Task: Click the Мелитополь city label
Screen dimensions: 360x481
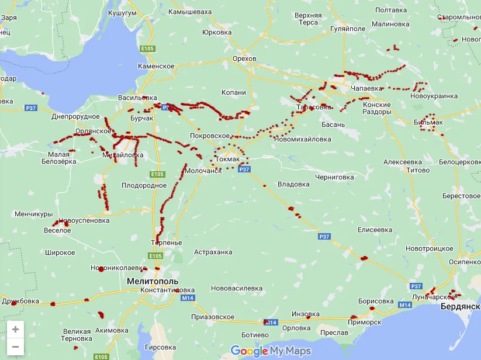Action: point(153,281)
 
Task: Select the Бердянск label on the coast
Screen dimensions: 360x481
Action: point(460,306)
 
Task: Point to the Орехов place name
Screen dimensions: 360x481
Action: point(244,59)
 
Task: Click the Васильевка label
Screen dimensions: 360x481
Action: point(137,97)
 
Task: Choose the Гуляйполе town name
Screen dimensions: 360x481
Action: point(348,29)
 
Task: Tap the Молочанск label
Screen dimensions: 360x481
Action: point(203,171)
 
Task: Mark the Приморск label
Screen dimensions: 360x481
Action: point(364,322)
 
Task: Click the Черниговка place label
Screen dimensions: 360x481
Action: point(334,177)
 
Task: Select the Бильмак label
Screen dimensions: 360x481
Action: point(428,122)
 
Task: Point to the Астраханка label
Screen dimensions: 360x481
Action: point(213,252)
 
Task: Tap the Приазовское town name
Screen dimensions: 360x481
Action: point(213,317)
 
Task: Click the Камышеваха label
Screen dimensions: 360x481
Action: point(189,12)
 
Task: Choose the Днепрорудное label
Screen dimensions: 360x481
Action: point(75,117)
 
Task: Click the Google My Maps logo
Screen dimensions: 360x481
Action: point(270,351)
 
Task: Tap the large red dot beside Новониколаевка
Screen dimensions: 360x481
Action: point(101,269)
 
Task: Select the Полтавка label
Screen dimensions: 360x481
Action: point(391,11)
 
